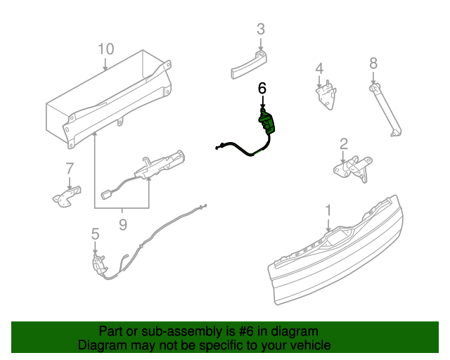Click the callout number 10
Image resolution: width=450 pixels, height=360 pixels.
coord(105,49)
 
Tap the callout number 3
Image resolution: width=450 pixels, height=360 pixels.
coord(260,30)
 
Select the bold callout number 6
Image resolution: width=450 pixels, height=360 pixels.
coord(262,89)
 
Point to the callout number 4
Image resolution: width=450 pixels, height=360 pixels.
coord(319,68)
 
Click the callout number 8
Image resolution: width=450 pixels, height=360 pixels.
coord(373,63)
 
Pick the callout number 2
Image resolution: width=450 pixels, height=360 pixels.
coord(344,144)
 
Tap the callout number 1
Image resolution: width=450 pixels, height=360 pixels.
coord(328,210)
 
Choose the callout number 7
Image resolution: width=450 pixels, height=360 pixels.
coord(70,169)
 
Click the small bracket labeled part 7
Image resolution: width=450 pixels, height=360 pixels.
coord(67,196)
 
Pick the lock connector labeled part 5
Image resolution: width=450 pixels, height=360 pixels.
coord(98,263)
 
